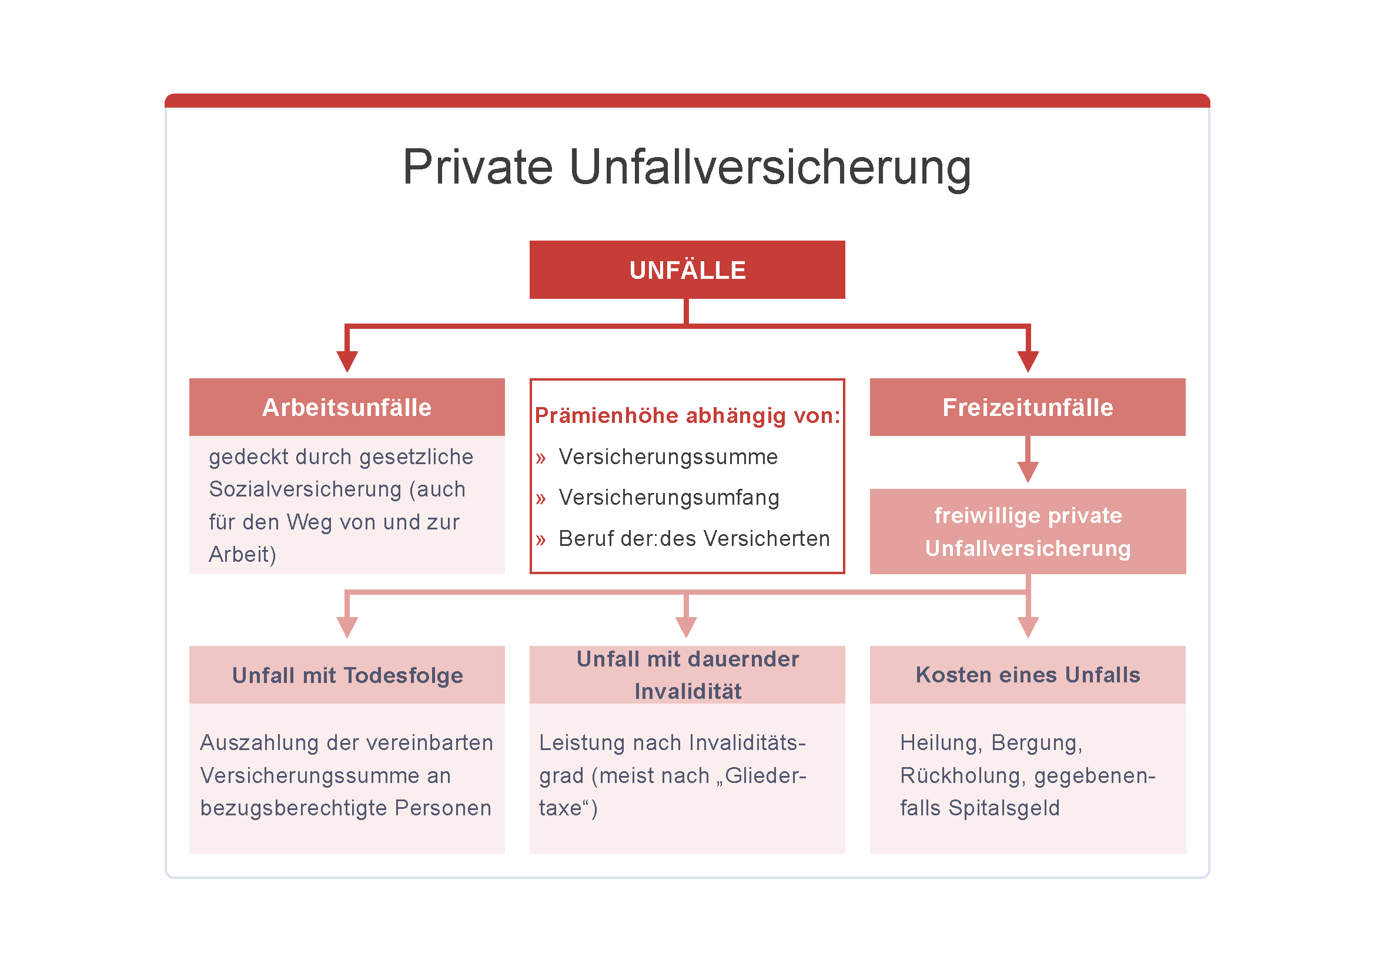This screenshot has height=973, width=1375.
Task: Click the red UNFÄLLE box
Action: coord(687,269)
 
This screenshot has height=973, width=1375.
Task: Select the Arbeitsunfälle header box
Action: coord(347,407)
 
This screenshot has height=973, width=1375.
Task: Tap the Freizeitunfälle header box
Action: coord(1028,407)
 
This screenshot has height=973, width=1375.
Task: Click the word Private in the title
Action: coord(478,167)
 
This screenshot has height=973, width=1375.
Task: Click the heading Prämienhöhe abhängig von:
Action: coord(688,415)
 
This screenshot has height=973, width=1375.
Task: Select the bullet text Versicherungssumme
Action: coord(668,457)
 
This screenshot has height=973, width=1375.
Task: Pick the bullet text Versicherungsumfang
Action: coord(669,498)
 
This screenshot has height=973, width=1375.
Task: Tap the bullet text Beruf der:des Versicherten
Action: coord(694,539)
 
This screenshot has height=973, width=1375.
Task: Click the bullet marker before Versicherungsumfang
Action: coord(541,499)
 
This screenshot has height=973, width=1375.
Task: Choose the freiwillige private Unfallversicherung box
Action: coord(1028,531)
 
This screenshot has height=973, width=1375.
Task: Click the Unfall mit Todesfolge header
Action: coord(347,675)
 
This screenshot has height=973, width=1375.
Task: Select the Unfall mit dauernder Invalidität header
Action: coord(687,675)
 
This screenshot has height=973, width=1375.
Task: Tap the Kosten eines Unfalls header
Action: coord(1028,675)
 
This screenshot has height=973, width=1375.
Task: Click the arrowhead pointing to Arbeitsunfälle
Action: coord(347,362)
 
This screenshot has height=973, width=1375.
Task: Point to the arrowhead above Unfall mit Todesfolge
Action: coord(347,628)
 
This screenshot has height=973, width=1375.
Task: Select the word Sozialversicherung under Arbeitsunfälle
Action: coord(306,489)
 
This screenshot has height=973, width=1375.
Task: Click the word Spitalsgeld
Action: coord(1004,808)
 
